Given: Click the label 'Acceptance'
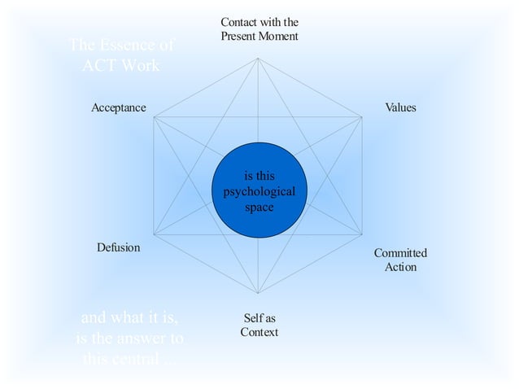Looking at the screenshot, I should [119, 107].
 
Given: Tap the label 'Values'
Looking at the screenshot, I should [400, 107].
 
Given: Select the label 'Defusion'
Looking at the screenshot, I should [119, 247].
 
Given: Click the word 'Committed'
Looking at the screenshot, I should [400, 253].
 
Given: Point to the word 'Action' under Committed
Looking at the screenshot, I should [400, 267].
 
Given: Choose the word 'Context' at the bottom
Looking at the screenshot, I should [259, 332].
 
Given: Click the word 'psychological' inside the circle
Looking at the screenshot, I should [259, 192].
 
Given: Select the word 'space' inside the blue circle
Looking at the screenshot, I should [259, 207].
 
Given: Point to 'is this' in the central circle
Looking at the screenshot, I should [259, 177].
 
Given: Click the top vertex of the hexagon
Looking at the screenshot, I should [259, 57].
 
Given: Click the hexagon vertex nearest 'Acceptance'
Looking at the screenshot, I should [155, 117].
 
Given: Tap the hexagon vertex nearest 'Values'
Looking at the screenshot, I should [364, 117].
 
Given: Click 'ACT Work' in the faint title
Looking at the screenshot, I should [120, 65].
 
